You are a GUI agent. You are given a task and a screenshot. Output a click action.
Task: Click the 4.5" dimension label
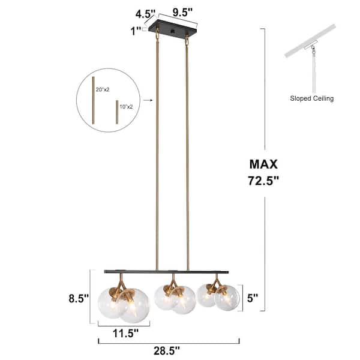145,14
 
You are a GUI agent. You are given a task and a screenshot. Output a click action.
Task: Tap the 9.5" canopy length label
182,13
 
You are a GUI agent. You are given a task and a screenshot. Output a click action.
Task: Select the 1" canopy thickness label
136,31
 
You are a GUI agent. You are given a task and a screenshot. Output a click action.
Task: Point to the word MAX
263,164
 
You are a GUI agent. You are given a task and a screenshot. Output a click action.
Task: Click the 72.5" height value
263,181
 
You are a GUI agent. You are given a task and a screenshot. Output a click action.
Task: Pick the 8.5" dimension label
79,298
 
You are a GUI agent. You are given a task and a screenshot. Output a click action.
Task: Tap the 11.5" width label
125,333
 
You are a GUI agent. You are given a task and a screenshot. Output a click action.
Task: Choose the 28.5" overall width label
166,351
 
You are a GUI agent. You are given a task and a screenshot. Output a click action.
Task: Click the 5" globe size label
253,298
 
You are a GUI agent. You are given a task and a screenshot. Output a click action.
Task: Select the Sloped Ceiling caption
311,98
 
